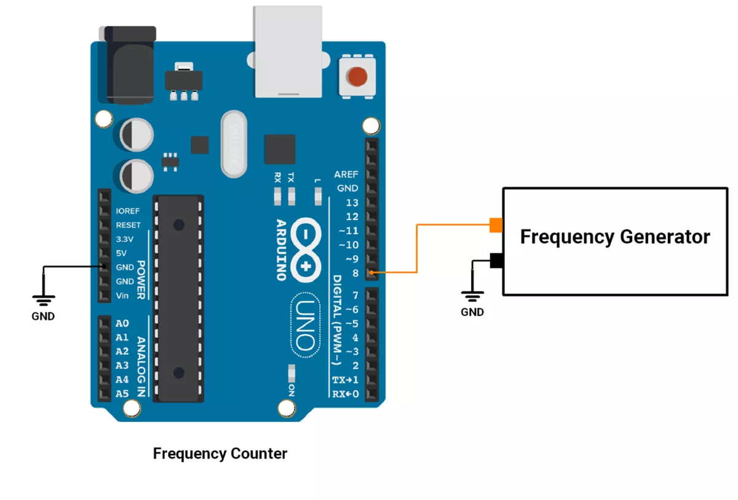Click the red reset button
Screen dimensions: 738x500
pyautogui.click(x=357, y=76)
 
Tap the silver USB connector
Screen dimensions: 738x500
pyautogui.click(x=288, y=52)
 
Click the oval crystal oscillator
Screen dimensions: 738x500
pyautogui.click(x=234, y=144)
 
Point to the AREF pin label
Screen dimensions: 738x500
pyautogui.click(x=346, y=174)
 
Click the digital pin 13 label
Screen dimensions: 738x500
pyautogui.click(x=352, y=202)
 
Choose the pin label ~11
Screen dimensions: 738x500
pyautogui.click(x=349, y=231)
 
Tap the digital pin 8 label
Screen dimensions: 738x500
pyautogui.click(x=355, y=273)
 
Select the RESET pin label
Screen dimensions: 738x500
pyautogui.click(x=128, y=225)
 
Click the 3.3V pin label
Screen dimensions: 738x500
pyautogui.click(x=124, y=239)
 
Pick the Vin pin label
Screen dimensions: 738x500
pyautogui.click(x=122, y=295)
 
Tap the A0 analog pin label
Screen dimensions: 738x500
pyautogui.click(x=122, y=323)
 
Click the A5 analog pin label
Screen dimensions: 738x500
pyautogui.click(x=122, y=394)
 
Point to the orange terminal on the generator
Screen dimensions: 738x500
pyautogui.click(x=496, y=225)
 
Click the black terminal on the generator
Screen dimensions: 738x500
pyautogui.click(x=496, y=261)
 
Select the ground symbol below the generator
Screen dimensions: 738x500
pyautogui.click(x=472, y=296)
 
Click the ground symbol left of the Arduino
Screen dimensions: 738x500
pyautogui.click(x=44, y=300)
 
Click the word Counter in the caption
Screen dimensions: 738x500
pyautogui.click(x=259, y=453)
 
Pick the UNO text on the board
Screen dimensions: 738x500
pyautogui.click(x=306, y=325)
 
